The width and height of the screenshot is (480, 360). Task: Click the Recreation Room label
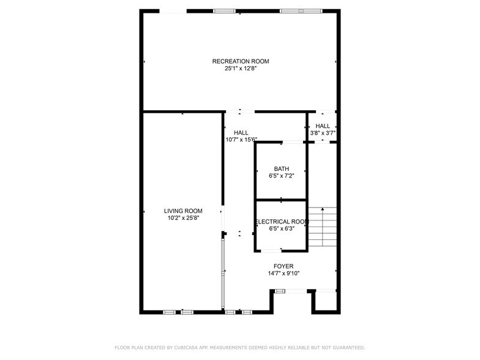coord(241,61)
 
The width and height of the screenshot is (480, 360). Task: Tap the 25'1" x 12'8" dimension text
coord(241,69)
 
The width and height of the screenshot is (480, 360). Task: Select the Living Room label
coord(179,210)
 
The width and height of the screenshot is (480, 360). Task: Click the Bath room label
coord(282,168)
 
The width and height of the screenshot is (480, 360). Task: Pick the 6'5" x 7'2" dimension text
coord(282,176)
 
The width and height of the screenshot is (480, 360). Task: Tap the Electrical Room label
coord(282,222)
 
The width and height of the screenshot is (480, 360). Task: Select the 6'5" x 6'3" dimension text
coord(282,229)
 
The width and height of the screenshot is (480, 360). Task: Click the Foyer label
coord(283,266)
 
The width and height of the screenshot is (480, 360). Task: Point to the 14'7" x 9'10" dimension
coord(283,274)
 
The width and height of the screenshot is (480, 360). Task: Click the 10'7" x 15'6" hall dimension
coord(241,140)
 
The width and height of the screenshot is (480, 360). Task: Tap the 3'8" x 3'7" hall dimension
coord(323,133)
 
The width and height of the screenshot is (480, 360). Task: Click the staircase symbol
coord(322,225)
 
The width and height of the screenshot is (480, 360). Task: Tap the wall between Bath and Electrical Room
coord(281,200)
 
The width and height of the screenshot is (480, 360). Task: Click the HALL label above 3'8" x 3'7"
coord(323,126)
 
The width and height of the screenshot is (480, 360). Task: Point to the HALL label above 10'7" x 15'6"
coord(241,132)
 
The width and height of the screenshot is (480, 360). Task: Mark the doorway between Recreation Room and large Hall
coord(239,112)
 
